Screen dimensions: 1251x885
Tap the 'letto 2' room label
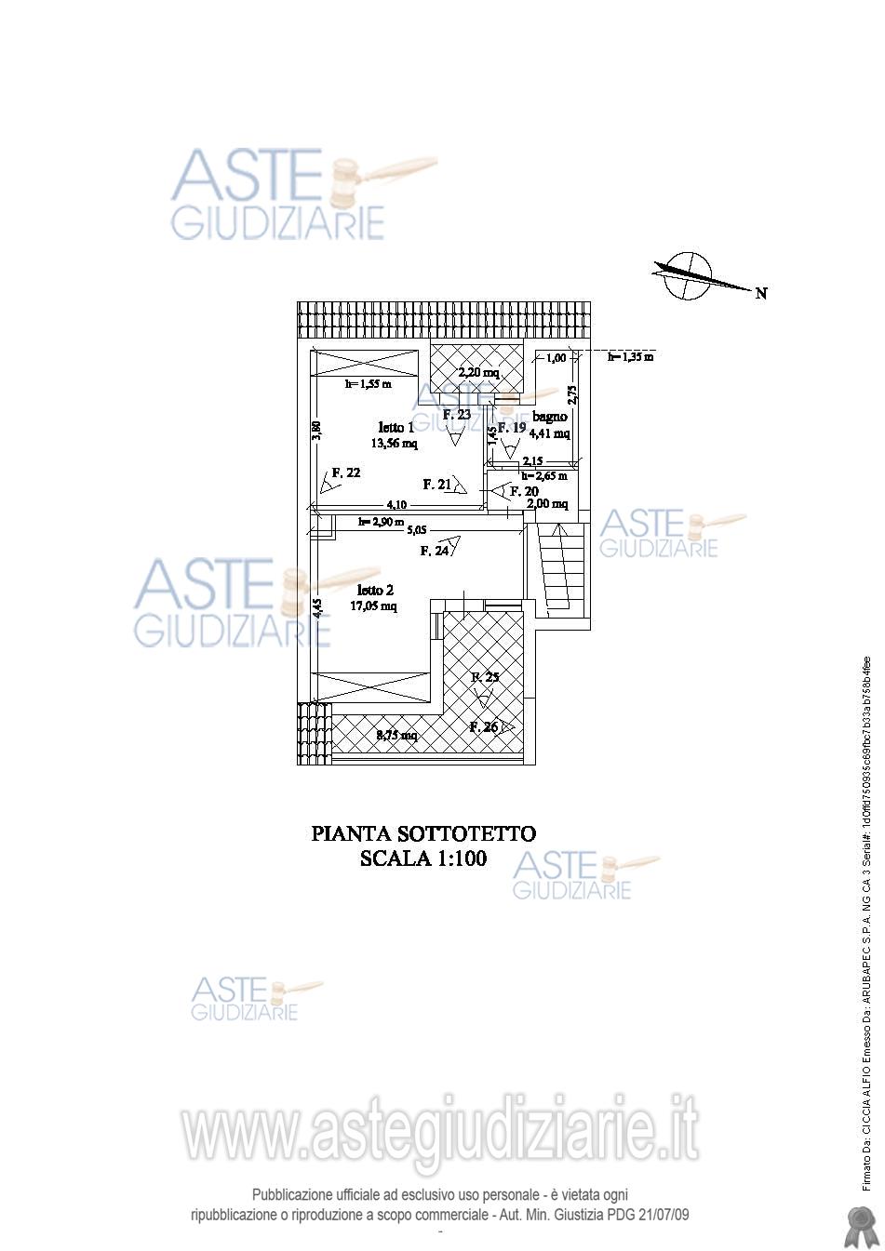coord(375,590)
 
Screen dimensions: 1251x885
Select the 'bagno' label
coord(550,417)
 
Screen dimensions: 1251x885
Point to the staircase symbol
coord(561,567)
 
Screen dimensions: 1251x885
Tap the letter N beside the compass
coord(761,293)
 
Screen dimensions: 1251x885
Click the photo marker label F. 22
coord(346,472)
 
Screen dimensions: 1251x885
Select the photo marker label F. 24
coord(435,551)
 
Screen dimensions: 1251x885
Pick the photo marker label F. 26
coord(485,727)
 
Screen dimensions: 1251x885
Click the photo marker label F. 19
coord(513,428)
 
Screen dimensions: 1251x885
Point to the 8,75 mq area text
coord(396,736)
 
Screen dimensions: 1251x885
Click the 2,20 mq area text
coord(478,373)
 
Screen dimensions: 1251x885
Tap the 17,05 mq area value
coord(373,606)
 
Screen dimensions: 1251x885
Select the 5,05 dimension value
coord(417,530)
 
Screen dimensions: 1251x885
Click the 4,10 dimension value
coord(397,504)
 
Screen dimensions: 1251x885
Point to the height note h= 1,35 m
coord(630,356)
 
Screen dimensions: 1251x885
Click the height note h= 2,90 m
coord(381,522)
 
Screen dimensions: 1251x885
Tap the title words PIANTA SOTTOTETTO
coord(422,834)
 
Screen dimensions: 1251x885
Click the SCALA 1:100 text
coord(422,858)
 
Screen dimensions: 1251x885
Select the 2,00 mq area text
coord(547,504)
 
